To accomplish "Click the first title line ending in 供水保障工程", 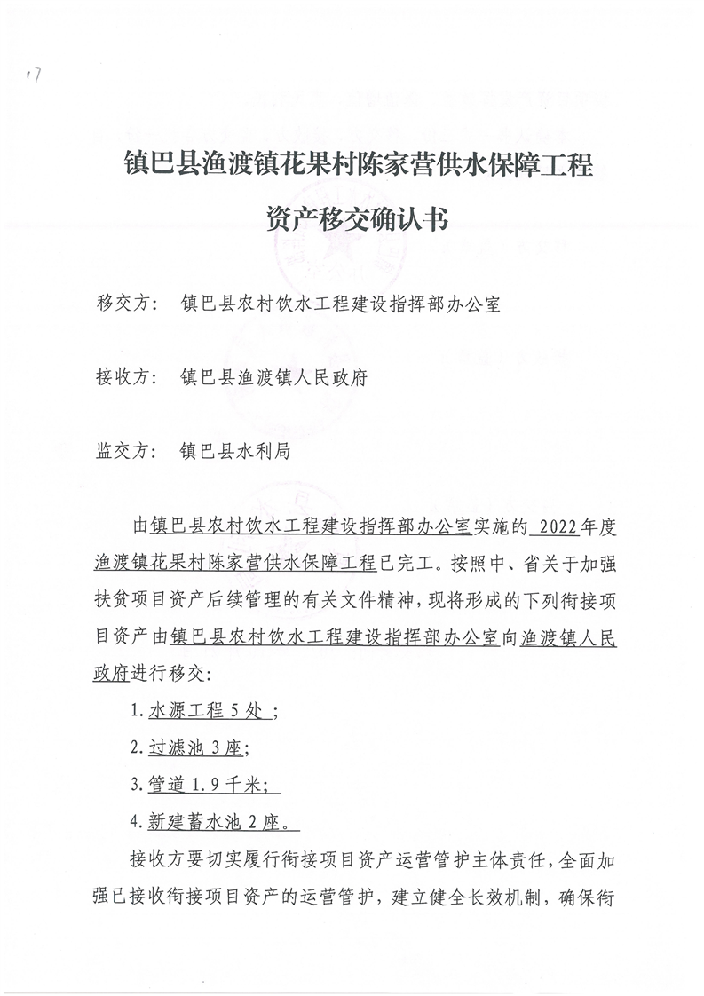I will click(x=359, y=165).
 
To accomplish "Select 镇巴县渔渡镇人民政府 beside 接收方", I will click(x=273, y=376).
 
